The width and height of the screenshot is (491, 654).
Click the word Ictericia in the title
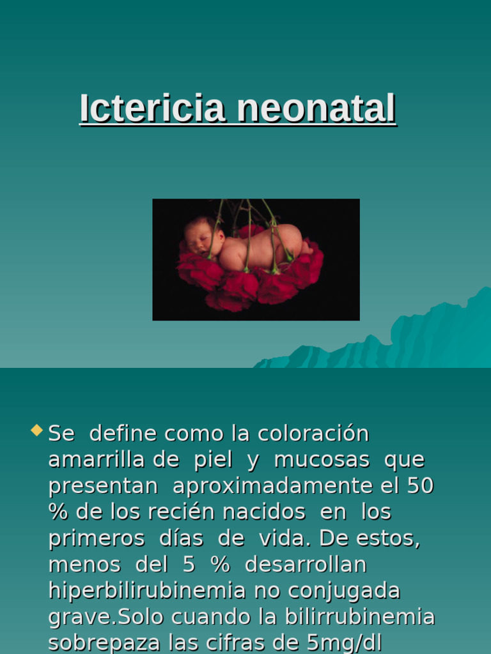coord(152,109)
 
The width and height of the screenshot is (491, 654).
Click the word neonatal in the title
coord(316,109)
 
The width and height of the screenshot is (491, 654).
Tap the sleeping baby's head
coord(202,237)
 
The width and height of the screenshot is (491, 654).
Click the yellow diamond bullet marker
coord(36,430)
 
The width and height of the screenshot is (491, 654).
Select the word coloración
coord(313,434)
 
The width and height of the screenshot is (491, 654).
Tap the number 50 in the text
coord(420,486)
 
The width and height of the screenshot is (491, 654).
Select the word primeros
coord(97,538)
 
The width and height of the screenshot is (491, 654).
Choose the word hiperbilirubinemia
coord(147,591)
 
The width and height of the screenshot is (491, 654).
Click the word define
coord(123,434)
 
